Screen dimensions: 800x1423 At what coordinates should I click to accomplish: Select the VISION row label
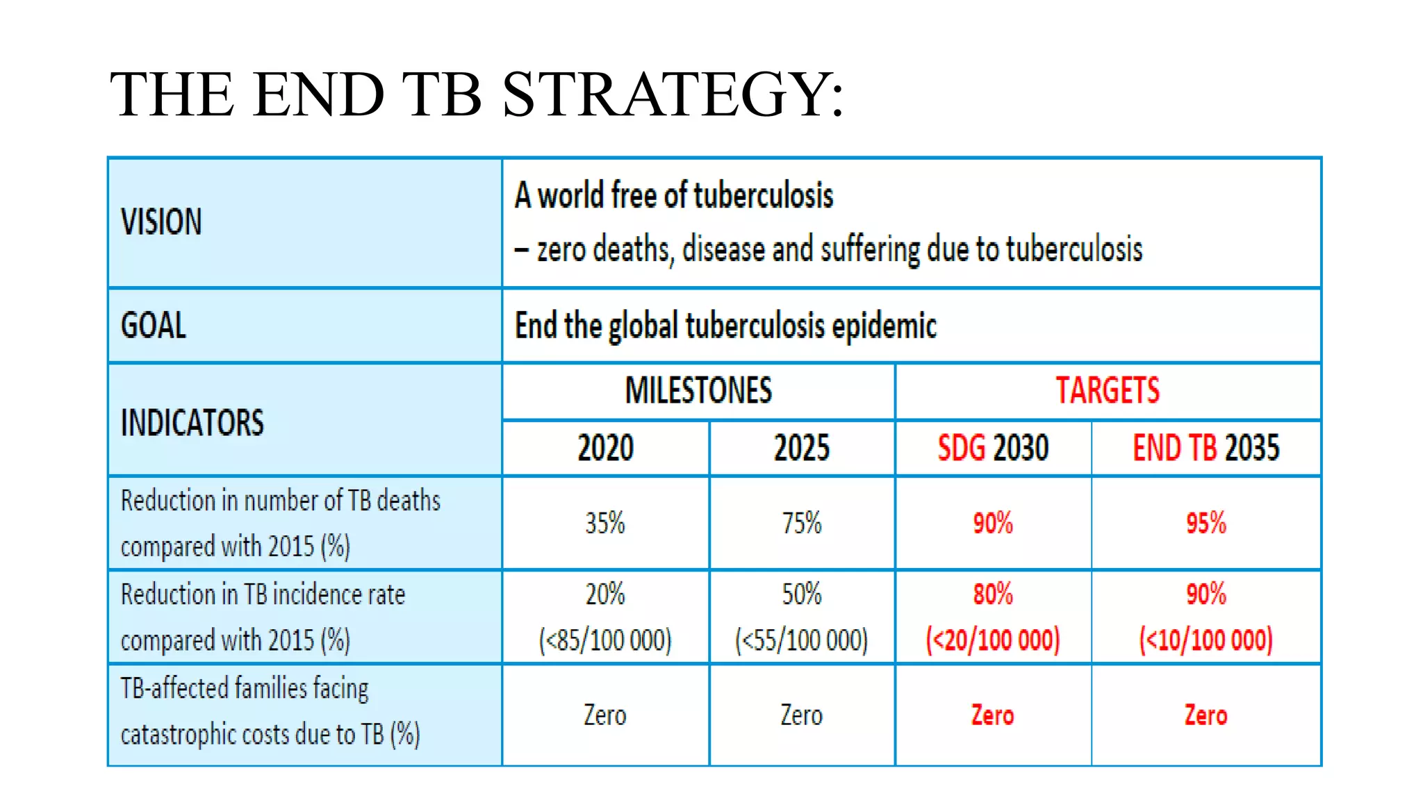pyautogui.click(x=161, y=222)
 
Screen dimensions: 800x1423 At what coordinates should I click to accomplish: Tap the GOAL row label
pyautogui.click(x=154, y=325)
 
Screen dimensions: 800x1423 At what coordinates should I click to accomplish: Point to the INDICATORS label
pyautogui.click(x=192, y=422)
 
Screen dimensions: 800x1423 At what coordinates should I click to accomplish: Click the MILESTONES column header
pyautogui.click(x=698, y=390)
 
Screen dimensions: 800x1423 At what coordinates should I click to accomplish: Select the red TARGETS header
pyautogui.click(x=1108, y=390)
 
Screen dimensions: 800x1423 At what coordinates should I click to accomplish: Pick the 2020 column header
pyautogui.click(x=605, y=448)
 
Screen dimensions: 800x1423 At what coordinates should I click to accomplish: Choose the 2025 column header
pyautogui.click(x=802, y=448)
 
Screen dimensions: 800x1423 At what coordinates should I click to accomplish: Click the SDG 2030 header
pyautogui.click(x=993, y=448)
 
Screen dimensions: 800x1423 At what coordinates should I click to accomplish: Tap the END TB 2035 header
pyautogui.click(x=1206, y=448)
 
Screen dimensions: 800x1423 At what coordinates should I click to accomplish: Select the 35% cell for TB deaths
pyautogui.click(x=605, y=523)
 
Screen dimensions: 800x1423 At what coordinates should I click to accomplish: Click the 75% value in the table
pyautogui.click(x=802, y=523)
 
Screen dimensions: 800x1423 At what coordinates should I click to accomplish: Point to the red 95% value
pyautogui.click(x=1206, y=523)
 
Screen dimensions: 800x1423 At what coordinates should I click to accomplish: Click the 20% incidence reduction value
pyautogui.click(x=605, y=594)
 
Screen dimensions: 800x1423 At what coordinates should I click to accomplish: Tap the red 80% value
pyautogui.click(x=993, y=594)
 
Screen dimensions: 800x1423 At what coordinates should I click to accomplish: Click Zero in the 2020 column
pyautogui.click(x=605, y=715)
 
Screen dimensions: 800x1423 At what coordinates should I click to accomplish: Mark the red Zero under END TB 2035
pyautogui.click(x=1206, y=715)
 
